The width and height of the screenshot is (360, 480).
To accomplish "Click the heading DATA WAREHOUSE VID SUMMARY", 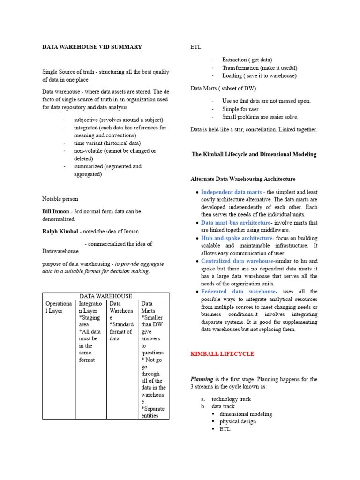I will [92, 47].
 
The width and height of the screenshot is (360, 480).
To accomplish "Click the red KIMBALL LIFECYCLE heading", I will [222, 354].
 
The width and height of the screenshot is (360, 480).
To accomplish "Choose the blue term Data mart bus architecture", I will [235, 223].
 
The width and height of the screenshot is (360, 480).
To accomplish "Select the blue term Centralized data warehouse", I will [237, 261].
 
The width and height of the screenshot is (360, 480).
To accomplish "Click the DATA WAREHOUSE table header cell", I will [105, 296].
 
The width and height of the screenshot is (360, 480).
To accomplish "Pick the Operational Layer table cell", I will [59, 307].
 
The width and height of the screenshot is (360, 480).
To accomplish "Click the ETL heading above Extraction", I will [195, 47].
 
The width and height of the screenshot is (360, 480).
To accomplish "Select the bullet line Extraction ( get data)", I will [247, 60].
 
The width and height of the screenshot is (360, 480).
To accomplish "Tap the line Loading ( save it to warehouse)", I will [259, 75].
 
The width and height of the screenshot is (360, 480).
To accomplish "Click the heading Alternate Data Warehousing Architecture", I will [243, 179].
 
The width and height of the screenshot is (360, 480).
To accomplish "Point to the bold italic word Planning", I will [202, 379].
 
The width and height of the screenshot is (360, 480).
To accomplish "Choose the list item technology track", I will [231, 399].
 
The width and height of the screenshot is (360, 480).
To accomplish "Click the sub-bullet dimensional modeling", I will [245, 414].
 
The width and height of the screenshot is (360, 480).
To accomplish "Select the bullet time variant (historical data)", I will [107, 143].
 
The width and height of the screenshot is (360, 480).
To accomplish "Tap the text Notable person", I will [60, 199].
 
